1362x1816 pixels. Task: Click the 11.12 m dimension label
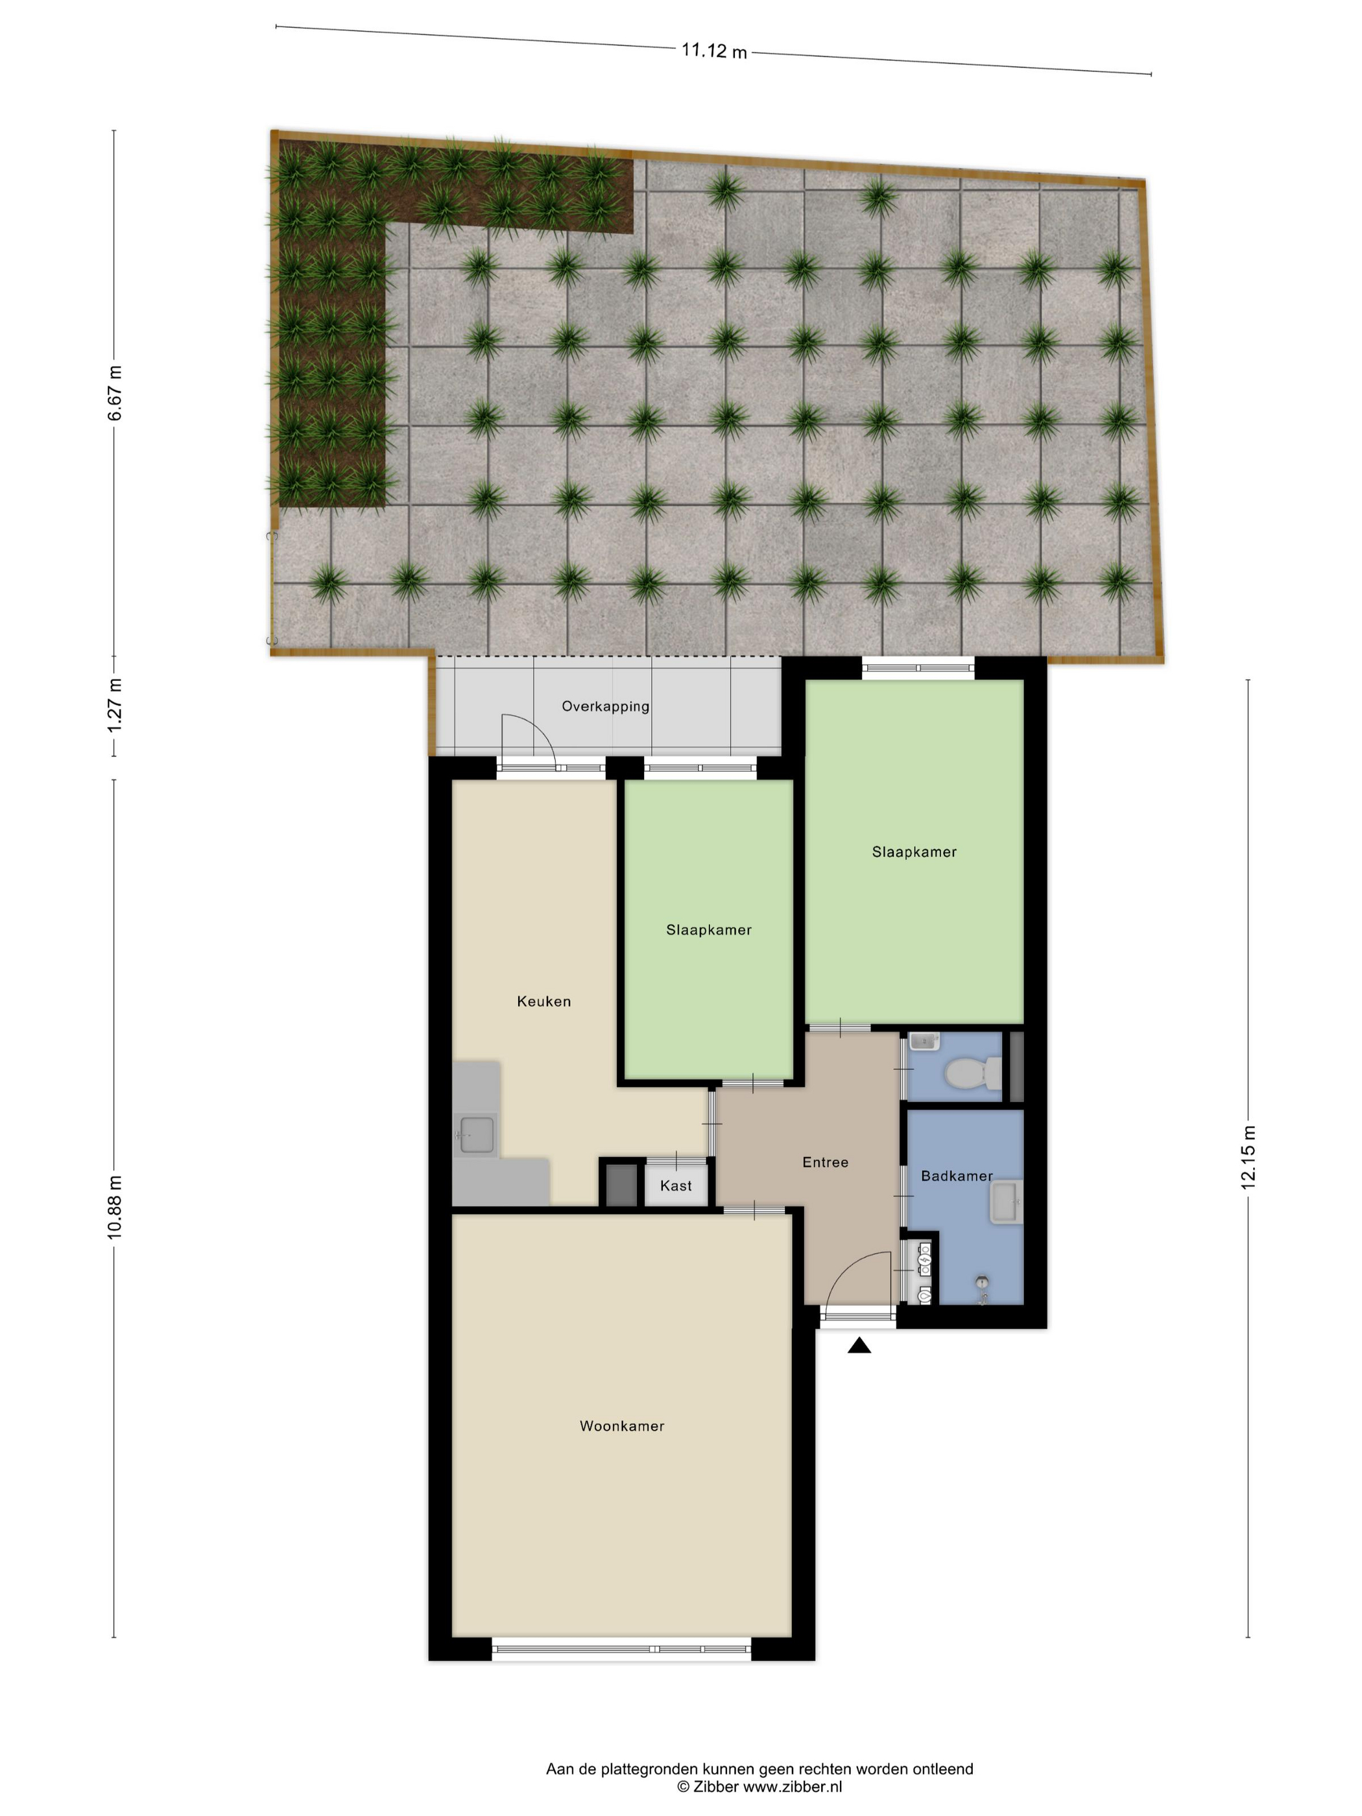[x=713, y=51]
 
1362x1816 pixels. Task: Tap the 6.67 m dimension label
[x=115, y=393]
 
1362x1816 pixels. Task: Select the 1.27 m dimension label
[x=115, y=706]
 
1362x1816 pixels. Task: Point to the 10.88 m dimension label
[x=115, y=1207]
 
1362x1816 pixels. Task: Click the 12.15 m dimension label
[x=1248, y=1157]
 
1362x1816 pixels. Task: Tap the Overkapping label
[x=605, y=706]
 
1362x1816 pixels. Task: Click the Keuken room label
[x=544, y=1001]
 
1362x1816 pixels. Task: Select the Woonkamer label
[x=621, y=1426]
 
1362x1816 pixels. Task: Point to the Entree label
[x=825, y=1162]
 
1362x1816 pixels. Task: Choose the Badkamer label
[x=957, y=1176]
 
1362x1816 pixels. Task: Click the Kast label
[x=676, y=1186]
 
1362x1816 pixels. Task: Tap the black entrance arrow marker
[x=859, y=1344]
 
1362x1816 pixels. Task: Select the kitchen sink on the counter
[x=476, y=1134]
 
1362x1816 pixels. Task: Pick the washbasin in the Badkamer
[x=1007, y=1202]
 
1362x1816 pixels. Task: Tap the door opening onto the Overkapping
[x=528, y=741]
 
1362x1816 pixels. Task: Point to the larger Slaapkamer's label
[x=914, y=852]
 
